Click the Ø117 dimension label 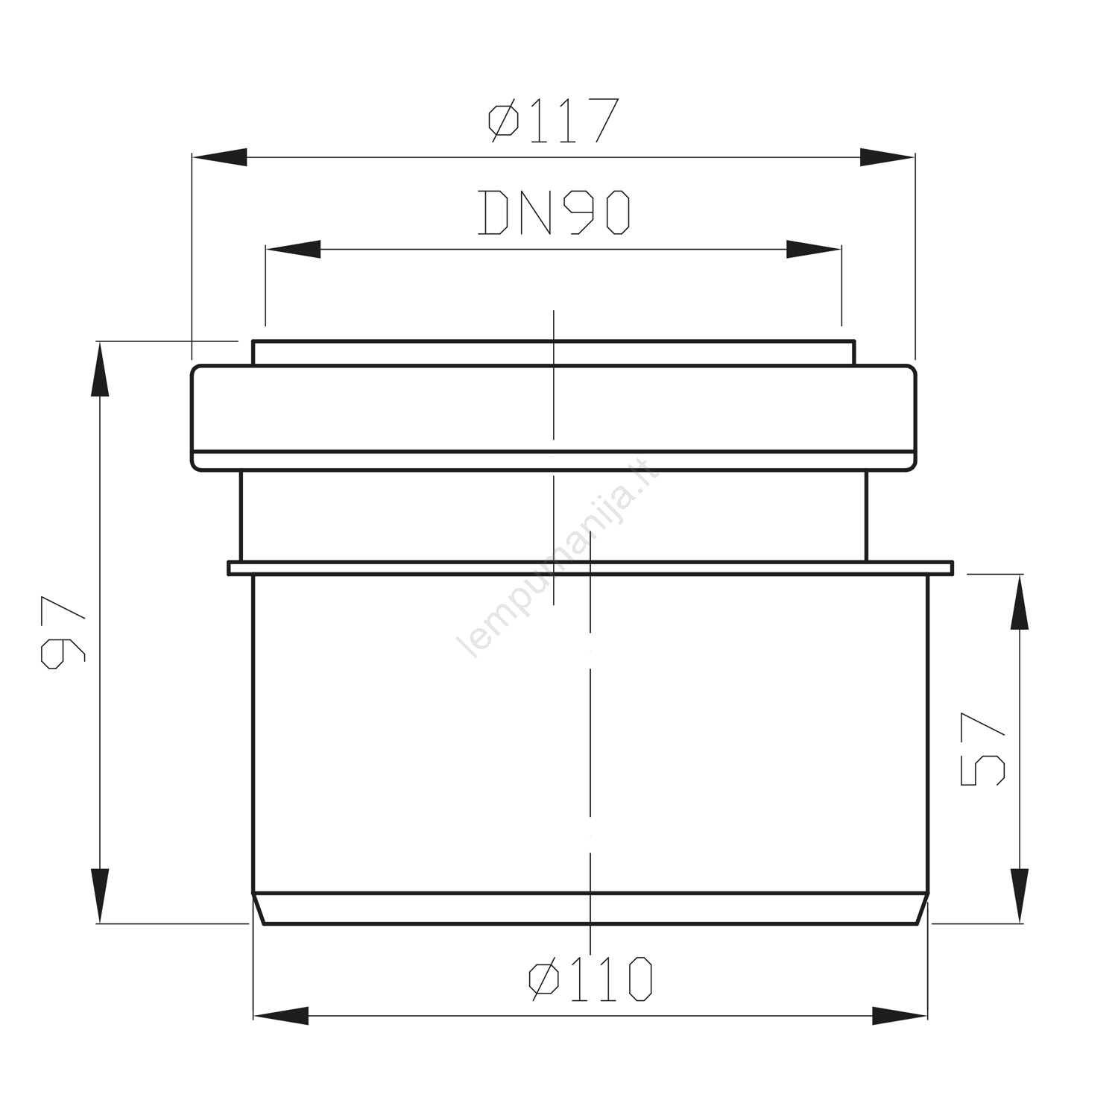click(x=553, y=121)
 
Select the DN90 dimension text click(x=554, y=212)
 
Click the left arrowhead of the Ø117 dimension click(x=220, y=157)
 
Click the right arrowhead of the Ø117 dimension click(x=887, y=157)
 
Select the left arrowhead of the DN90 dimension click(x=293, y=250)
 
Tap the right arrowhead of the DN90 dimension click(x=814, y=250)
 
